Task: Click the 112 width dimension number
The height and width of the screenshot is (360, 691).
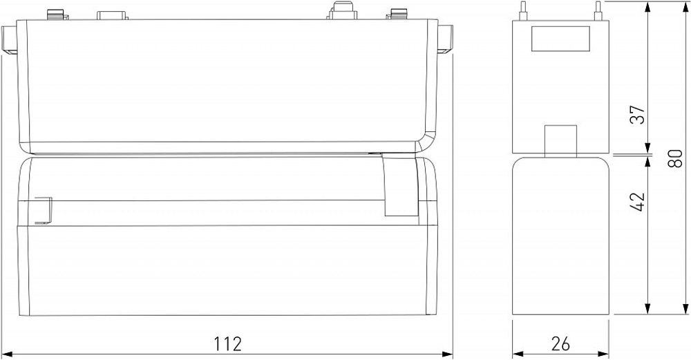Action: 227,343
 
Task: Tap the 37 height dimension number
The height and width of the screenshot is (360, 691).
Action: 638,115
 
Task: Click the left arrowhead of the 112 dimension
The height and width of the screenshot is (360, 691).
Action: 8,354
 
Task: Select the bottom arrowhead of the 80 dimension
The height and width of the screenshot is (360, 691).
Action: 685,310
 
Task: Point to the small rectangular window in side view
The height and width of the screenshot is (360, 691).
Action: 560,38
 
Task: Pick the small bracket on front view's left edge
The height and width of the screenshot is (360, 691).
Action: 42,210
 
